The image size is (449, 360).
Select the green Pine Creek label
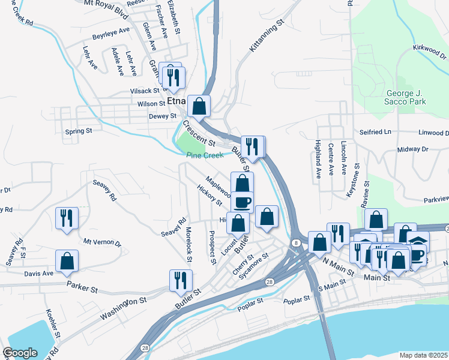[x=204, y=155]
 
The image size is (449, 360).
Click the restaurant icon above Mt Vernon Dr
[x=67, y=218]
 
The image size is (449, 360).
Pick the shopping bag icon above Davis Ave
[x=67, y=261]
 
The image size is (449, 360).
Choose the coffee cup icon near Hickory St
[x=243, y=202]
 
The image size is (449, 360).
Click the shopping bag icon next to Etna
[x=199, y=106]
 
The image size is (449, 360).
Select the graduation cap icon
[x=418, y=242]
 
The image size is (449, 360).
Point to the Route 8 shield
[x=297, y=242]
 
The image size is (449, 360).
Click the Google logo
[x=20, y=353]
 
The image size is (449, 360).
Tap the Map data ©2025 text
[x=423, y=355]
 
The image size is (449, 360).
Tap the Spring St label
[x=79, y=130]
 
